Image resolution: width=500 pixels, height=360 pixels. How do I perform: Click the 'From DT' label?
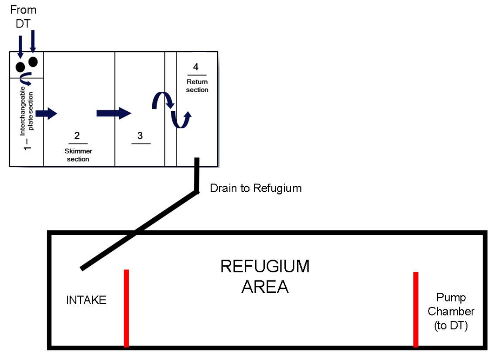23,17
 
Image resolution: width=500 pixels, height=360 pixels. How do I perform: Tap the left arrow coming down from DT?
21,47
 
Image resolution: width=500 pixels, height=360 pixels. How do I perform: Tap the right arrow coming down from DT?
33,41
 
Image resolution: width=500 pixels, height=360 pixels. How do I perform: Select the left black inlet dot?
20,67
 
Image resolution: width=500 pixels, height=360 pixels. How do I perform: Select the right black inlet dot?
33,62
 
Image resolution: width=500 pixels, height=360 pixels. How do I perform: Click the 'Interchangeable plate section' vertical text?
27,111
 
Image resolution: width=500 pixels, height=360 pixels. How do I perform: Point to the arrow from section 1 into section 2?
46,113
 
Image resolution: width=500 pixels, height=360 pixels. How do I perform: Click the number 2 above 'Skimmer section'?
77,136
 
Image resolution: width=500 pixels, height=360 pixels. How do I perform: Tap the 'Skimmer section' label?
78,155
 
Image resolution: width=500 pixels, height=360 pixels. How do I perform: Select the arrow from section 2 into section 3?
114,113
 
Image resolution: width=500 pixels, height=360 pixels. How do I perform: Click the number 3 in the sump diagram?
140,136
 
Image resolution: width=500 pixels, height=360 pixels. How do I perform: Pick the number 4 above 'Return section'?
196,67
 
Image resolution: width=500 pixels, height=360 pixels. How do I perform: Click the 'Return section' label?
197,86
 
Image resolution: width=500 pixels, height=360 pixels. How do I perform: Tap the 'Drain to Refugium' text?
256,188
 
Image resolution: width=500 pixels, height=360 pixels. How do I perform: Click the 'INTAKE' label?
86,300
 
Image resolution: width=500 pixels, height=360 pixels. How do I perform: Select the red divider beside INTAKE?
127,308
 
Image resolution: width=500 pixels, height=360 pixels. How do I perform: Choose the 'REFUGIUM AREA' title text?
265,277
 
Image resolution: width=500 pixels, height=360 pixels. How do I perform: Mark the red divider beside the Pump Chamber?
416,309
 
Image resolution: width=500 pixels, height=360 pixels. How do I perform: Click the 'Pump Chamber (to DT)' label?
451,311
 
